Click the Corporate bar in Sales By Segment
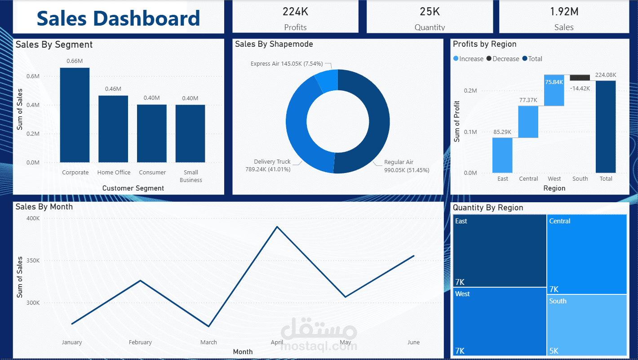point(75,115)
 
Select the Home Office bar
point(113,129)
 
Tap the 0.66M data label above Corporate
point(75,61)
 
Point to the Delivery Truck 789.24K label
point(272,165)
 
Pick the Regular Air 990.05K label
point(406,166)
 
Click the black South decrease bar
point(580,78)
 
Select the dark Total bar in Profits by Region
point(606,127)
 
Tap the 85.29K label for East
point(502,132)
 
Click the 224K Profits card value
point(295,12)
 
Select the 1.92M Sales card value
point(564,12)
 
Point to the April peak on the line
point(277,227)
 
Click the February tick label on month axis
point(140,342)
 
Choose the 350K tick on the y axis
point(33,261)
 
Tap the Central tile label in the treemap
point(559,221)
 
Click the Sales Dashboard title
point(118,18)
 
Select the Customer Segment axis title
point(133,188)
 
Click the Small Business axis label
point(191,176)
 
